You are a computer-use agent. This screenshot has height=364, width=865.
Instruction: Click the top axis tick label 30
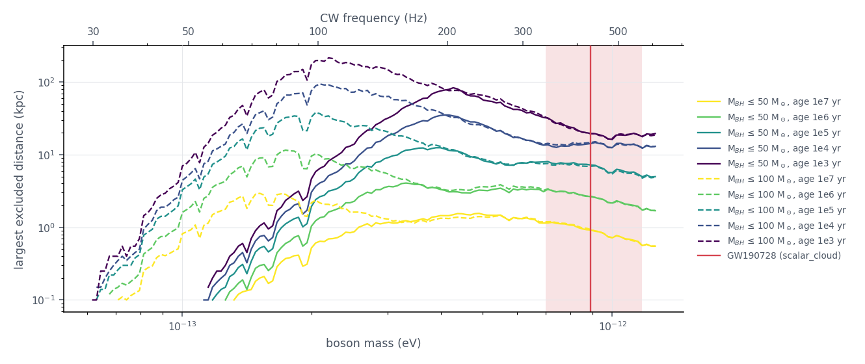coord(93,32)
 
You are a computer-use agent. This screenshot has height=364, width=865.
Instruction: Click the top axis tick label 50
coord(188,32)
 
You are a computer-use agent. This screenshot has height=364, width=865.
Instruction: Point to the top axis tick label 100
coord(318,32)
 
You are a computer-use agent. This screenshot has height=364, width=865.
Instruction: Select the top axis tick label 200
coord(447,32)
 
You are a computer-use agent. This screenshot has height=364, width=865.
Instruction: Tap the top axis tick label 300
coord(523,32)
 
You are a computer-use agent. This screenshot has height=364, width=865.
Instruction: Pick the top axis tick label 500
coord(618,32)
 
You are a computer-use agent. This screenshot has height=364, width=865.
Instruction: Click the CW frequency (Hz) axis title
coord(373,18)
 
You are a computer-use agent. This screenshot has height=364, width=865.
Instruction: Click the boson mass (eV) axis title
coord(373,343)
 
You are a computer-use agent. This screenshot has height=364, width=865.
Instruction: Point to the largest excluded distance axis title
coord(18,179)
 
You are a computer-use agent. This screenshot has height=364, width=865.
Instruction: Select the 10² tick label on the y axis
coord(47,82)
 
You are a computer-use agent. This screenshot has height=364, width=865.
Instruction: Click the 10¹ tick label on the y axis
coord(47,155)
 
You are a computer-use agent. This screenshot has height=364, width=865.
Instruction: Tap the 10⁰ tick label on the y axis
coord(47,227)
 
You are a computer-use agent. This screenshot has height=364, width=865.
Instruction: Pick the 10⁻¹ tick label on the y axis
coord(44,300)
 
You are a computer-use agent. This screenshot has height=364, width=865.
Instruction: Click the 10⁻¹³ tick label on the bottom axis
coord(182,326)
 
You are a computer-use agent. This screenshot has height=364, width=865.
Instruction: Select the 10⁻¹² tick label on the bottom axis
coord(613,326)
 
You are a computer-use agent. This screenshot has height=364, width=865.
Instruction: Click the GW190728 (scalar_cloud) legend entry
coord(769,255)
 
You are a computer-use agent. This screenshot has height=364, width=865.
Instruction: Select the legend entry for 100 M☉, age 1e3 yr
coord(771,240)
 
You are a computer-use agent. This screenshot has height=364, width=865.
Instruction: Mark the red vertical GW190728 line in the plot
coord(591,178)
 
